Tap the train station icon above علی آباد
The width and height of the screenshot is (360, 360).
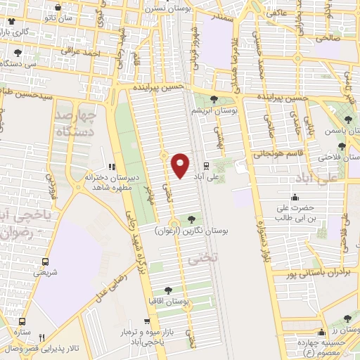point(206,166)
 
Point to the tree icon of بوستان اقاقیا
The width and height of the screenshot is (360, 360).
point(168,289)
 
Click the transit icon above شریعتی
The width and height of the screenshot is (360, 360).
point(46,260)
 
